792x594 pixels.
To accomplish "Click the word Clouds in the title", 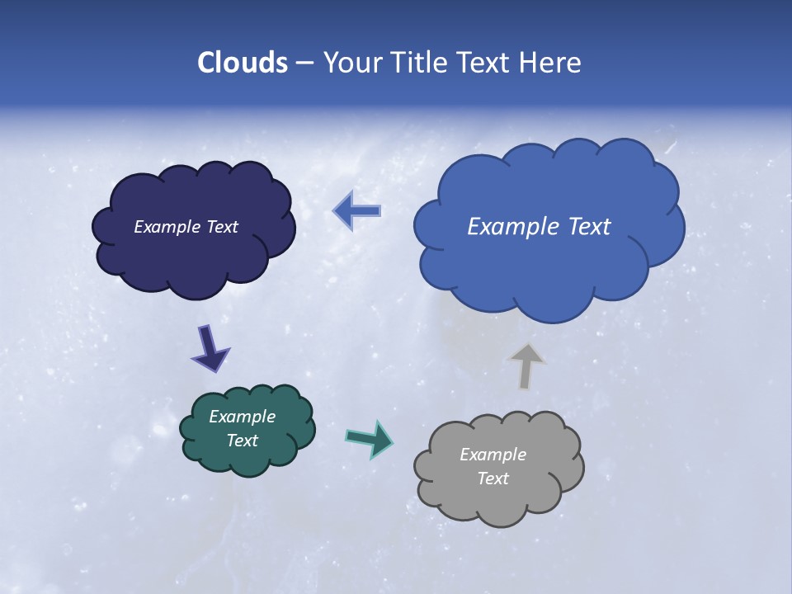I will click(x=242, y=63).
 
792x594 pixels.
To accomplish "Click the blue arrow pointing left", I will click(x=357, y=211).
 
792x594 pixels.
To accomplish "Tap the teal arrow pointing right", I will click(x=370, y=438).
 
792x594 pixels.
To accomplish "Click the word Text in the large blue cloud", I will click(x=582, y=227).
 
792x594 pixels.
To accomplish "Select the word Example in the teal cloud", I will click(x=242, y=417).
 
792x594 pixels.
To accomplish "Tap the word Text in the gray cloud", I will click(x=493, y=478).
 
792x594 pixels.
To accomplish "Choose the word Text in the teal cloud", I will click(x=242, y=441).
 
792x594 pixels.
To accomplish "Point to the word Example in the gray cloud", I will click(x=493, y=455).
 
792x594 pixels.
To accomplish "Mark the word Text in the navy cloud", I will click(x=222, y=227).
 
